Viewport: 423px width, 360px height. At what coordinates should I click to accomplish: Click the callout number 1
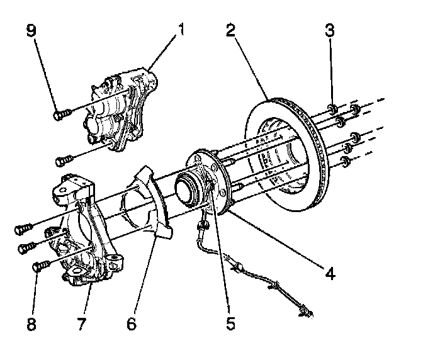(181, 30)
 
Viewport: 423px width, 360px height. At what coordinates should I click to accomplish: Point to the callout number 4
(330, 274)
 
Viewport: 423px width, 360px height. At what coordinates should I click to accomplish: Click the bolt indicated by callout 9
(60, 115)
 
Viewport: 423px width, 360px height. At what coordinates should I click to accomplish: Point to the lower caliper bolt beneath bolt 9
(62, 160)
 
